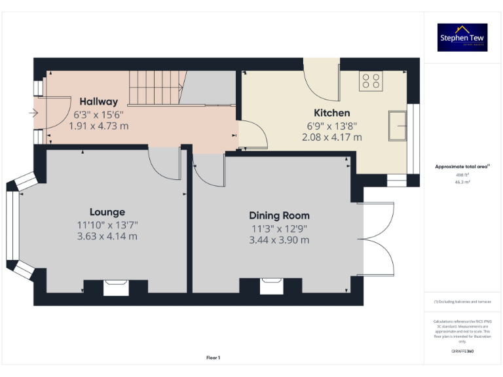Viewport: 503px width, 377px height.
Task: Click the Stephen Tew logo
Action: (x=462, y=37)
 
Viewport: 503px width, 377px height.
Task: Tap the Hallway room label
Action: (x=99, y=101)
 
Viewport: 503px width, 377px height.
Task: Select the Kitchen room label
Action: (x=331, y=113)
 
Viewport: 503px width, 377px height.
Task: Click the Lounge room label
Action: (x=107, y=212)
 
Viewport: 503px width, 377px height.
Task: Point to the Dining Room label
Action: (x=279, y=215)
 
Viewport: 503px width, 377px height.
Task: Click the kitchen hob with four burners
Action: (x=371, y=81)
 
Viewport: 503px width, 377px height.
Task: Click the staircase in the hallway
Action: (x=155, y=88)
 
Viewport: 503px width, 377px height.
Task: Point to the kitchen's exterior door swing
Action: (x=322, y=78)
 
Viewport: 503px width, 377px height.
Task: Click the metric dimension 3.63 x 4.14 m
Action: (x=107, y=236)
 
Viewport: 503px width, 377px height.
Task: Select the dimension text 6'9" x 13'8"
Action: (x=331, y=126)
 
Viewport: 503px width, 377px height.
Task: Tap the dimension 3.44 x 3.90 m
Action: (x=279, y=240)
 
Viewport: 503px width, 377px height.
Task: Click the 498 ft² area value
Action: (x=462, y=175)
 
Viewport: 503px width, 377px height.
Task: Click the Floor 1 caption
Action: (x=213, y=357)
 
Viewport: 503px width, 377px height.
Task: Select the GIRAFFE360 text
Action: (x=462, y=351)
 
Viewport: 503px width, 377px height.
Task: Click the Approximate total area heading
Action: (x=462, y=167)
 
